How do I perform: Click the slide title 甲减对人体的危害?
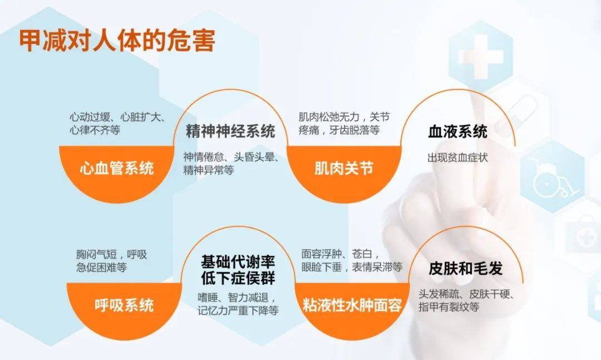[x=117, y=41]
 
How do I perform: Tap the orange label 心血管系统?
[x=117, y=168]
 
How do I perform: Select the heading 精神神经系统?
[x=230, y=132]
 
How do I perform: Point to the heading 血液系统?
[x=457, y=132]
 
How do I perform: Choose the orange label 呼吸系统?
[x=124, y=305]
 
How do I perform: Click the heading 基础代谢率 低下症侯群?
[x=238, y=269]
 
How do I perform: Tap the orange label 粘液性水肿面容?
[x=352, y=305]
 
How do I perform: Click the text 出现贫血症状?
[x=457, y=157]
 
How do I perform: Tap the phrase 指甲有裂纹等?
[x=449, y=307]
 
